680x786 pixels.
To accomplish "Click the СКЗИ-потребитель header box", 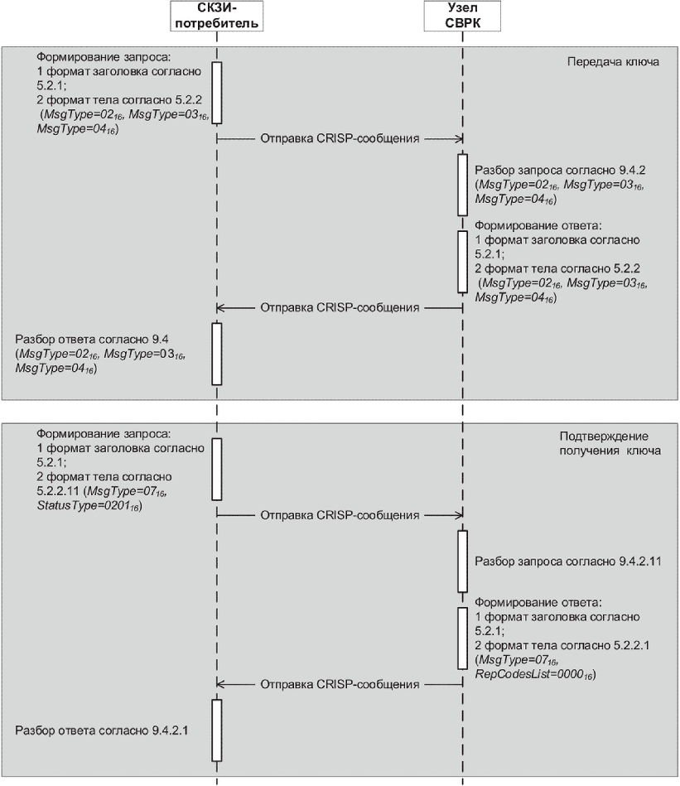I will coord(216,16).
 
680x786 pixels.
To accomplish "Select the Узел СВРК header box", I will coord(461,16).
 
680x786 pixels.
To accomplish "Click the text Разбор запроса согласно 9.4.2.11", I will coord(556,561).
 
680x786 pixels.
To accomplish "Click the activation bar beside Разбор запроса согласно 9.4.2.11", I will coord(462,561).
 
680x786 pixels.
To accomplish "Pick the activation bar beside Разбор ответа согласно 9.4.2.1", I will coord(217,730).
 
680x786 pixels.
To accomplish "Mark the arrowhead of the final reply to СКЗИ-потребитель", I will coord(222,685).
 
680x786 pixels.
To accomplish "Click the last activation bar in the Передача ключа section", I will coord(217,354).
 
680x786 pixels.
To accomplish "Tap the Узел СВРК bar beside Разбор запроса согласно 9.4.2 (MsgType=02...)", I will coord(462,185).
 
